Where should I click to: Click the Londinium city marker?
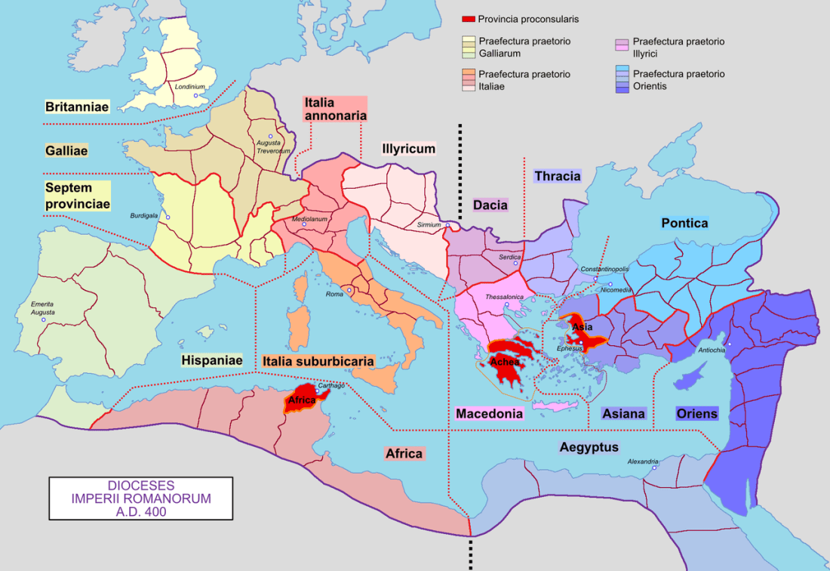[196, 96]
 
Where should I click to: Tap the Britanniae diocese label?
[76, 107]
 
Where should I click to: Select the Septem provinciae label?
[78, 195]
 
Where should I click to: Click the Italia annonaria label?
[335, 109]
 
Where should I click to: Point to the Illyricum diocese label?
[408, 149]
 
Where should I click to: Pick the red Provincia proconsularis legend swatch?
[468, 19]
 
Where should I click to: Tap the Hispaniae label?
[211, 361]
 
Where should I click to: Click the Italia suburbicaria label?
[318, 362]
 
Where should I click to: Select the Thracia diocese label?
[558, 176]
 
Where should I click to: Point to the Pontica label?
[684, 223]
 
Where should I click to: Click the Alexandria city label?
[643, 461]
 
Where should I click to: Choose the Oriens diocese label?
[697, 414]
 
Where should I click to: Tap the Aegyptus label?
[589, 447]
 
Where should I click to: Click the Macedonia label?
[489, 414]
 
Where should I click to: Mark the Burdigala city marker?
[168, 218]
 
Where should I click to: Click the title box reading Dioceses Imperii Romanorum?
[141, 498]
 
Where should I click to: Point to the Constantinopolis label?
[604, 270]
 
